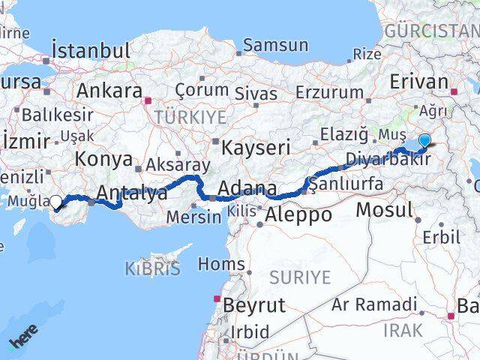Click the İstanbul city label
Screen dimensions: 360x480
click(x=90, y=51)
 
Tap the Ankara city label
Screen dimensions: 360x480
click(x=109, y=91)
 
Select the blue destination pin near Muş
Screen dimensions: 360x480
click(x=424, y=139)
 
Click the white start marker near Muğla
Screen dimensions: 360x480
click(x=55, y=201)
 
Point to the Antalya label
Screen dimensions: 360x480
click(x=131, y=193)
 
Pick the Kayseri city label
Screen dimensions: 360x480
click(x=255, y=147)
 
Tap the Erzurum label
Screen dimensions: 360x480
click(x=329, y=91)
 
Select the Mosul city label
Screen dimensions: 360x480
click(x=383, y=210)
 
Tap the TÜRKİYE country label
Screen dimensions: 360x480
click(x=190, y=116)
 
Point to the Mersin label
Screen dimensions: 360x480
click(x=195, y=217)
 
